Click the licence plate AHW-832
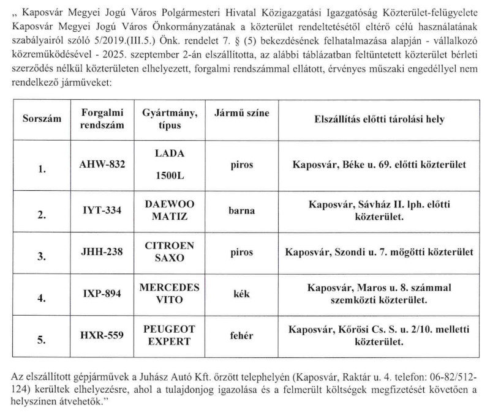pos(102,165)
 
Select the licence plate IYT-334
pos(102,210)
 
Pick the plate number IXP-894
pos(102,293)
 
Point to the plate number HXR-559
pos(102,335)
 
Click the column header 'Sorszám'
pos(42,119)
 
